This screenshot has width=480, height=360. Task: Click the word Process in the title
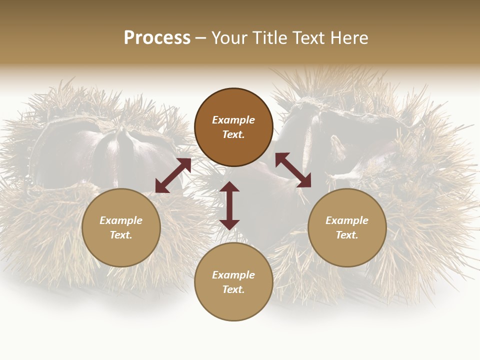tap(157, 38)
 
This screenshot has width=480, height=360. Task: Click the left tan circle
tap(121, 250)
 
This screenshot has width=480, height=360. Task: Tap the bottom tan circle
tap(233, 304)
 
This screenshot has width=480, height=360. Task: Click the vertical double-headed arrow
tap(229, 205)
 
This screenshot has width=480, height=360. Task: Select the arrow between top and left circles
tap(173, 175)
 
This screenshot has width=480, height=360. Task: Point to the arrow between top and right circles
tap(293, 170)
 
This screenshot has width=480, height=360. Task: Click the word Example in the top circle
tap(233, 120)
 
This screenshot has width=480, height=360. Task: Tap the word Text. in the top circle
tap(233, 134)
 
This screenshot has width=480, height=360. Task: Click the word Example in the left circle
tap(121, 220)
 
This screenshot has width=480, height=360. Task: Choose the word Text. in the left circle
tap(121, 235)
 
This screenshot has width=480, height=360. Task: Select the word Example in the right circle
tap(347, 220)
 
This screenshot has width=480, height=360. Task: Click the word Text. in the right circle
tap(347, 235)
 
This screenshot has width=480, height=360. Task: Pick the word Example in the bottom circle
tap(233, 275)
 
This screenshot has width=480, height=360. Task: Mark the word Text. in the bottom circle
tap(233, 289)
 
